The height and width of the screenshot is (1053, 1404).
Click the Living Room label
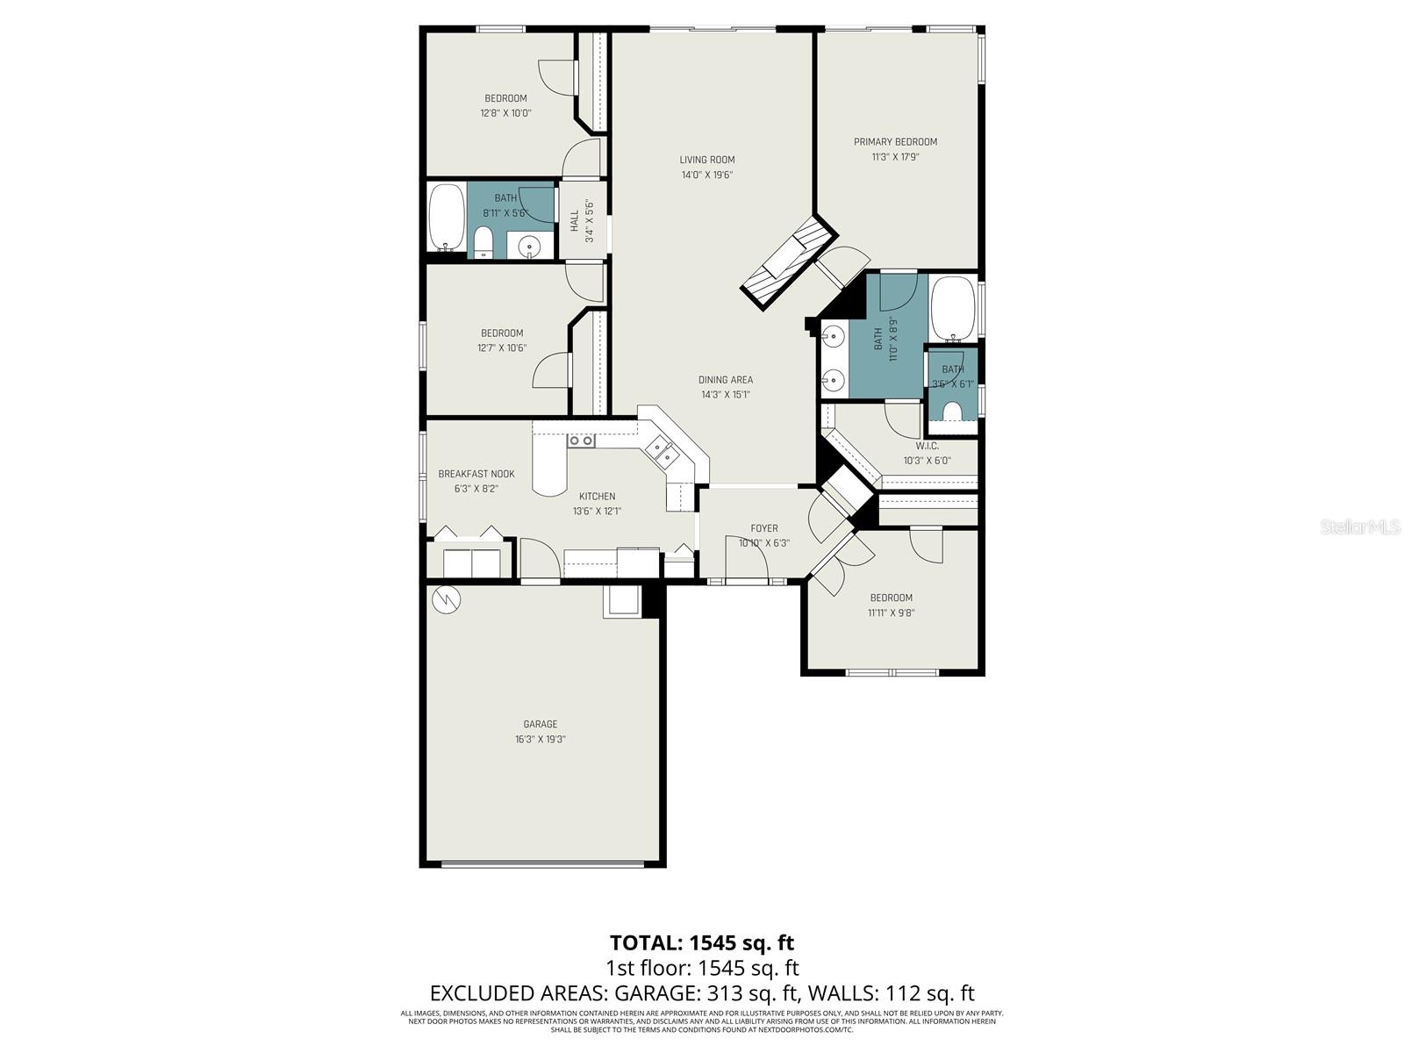tap(706, 160)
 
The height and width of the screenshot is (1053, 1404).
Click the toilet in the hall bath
tap(484, 242)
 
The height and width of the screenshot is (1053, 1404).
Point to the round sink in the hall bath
tap(530, 247)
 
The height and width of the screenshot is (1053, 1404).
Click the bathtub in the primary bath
tap(953, 310)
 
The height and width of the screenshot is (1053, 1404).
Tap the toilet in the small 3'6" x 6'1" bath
tap(952, 412)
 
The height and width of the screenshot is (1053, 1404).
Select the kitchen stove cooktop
tap(581, 441)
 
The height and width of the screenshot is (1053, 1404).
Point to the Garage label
tap(540, 724)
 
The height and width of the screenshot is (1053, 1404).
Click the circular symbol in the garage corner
tap(447, 599)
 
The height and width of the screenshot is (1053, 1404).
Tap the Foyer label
tap(763, 528)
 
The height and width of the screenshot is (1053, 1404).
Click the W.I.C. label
tap(927, 446)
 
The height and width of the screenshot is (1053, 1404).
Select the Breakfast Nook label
tap(476, 474)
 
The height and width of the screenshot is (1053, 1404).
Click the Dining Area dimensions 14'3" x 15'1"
tap(725, 395)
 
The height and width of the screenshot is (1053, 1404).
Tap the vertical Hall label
tap(575, 221)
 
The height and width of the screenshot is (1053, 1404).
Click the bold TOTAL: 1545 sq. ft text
tap(701, 942)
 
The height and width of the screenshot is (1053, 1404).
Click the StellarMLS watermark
tap(1360, 526)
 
